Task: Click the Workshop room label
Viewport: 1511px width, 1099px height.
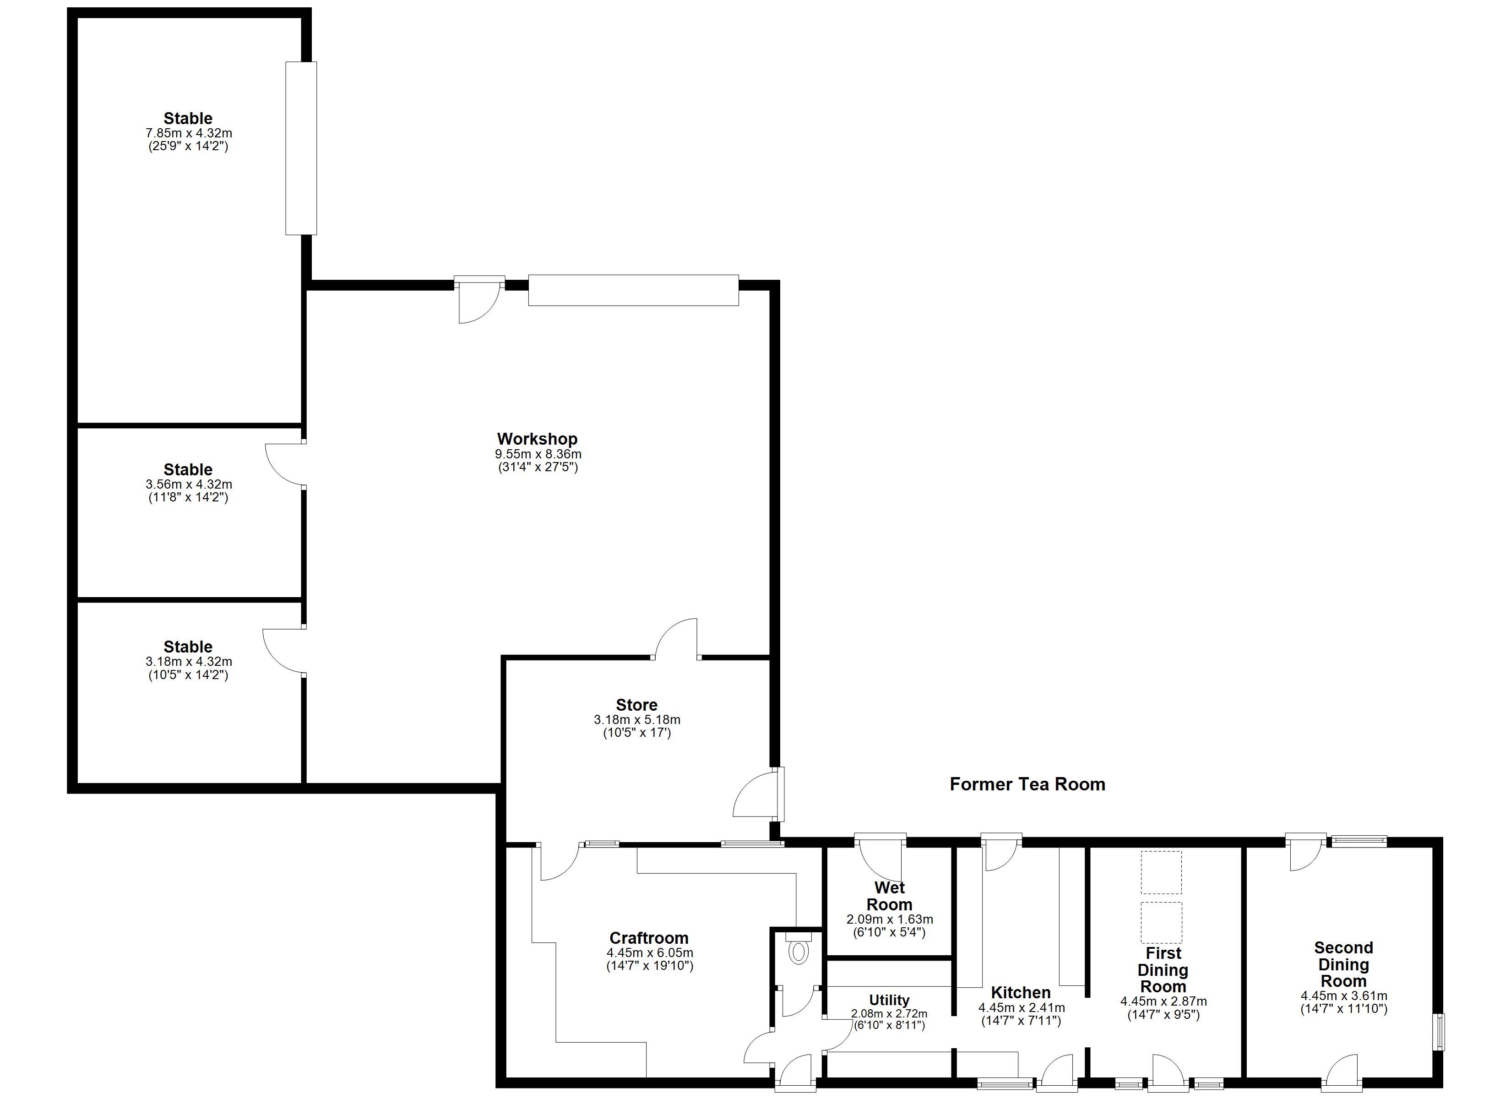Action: click(537, 439)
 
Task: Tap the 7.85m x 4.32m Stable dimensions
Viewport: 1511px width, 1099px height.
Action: click(189, 133)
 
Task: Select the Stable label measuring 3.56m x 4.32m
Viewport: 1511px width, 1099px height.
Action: click(189, 470)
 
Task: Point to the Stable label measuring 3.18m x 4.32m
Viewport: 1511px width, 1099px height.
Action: click(189, 647)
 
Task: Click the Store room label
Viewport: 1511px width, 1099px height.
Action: click(636, 705)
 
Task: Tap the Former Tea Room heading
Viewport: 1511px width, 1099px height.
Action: click(1027, 784)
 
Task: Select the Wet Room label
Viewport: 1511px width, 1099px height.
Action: click(889, 897)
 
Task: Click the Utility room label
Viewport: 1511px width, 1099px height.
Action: click(889, 1001)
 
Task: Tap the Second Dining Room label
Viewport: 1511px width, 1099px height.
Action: click(1343, 964)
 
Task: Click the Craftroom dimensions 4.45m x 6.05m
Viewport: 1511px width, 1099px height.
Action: click(650, 953)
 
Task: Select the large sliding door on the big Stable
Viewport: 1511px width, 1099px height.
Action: click(301, 148)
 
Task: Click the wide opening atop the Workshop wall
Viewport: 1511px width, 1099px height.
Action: click(633, 291)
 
